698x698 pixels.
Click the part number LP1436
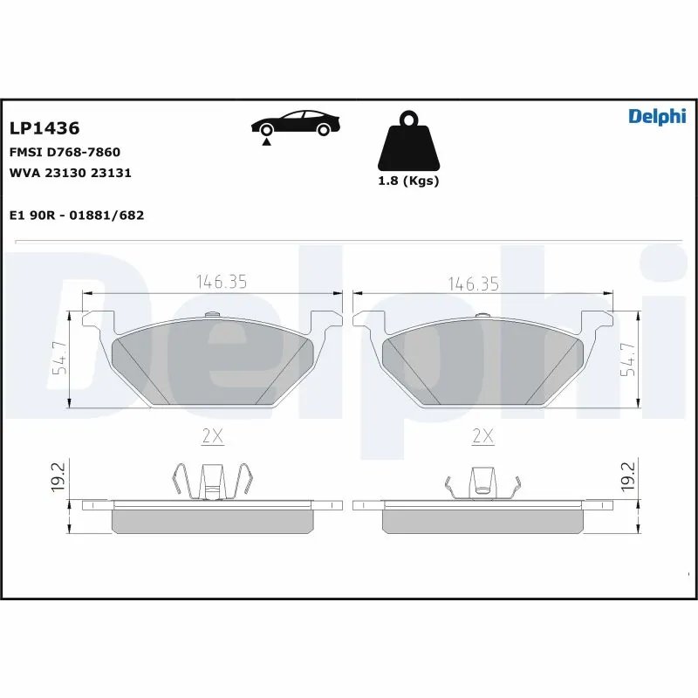pos(44,128)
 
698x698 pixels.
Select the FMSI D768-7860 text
pos(64,152)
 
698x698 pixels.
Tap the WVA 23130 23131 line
pos(70,173)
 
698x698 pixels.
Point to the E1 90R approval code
pos(76,215)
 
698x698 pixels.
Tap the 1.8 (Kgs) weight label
pos(407,181)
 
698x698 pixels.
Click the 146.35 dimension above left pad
pos(222,282)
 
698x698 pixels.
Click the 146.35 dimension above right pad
pos(473,284)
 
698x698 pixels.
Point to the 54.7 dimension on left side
pos(58,359)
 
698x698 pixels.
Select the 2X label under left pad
pos(213,436)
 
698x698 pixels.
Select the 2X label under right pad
pos(482,436)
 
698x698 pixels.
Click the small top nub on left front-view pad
pos(209,316)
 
